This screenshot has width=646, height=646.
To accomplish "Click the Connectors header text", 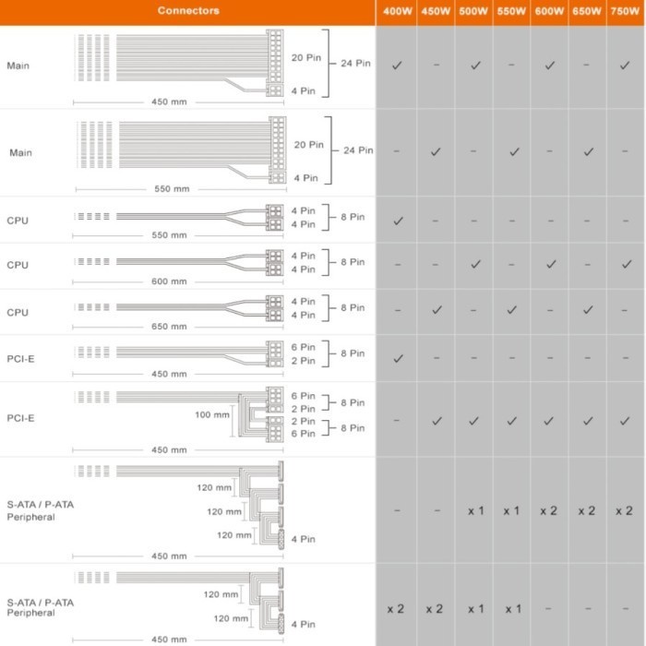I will (188, 11).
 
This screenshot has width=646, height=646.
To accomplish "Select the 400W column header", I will (396, 12).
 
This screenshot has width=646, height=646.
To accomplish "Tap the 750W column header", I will (626, 12).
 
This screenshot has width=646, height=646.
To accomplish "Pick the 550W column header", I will (510, 12).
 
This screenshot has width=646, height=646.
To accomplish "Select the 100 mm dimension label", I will (212, 414).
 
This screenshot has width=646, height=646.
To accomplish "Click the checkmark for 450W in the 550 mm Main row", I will (436, 151).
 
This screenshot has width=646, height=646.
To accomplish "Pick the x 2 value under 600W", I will (548, 510).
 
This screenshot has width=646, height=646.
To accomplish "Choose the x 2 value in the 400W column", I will (396, 609).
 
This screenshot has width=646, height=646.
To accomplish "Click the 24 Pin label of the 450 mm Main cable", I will (355, 64).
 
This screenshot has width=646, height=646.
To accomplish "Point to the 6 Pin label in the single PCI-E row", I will (304, 347).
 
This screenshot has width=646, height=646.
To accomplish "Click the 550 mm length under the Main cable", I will (172, 188).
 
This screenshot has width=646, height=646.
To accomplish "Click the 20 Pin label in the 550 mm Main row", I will (308, 145).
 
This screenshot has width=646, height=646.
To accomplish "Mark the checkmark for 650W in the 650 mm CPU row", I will (588, 309).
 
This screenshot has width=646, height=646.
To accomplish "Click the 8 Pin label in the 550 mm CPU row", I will (353, 217).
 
